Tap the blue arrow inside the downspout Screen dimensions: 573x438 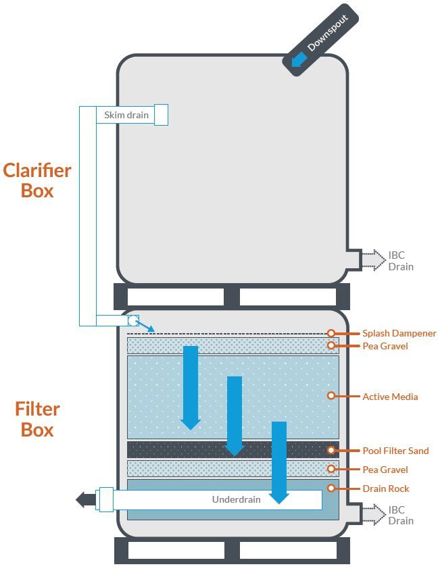click(x=298, y=61)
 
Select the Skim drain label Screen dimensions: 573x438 click(x=126, y=115)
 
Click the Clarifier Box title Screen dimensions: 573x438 click(x=37, y=180)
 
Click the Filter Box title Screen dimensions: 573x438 click(x=37, y=419)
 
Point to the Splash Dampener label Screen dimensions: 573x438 click(x=399, y=333)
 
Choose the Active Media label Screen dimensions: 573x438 click(x=390, y=397)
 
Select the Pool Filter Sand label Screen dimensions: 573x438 click(x=395, y=451)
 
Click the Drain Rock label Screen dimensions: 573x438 click(x=385, y=489)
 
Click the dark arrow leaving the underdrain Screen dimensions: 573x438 click(x=85, y=500)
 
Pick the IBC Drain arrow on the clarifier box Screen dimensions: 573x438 click(x=372, y=260)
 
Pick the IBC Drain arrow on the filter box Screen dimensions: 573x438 click(x=372, y=514)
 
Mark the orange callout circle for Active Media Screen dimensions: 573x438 click(x=331, y=396)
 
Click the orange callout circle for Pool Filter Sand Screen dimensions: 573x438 click(x=331, y=450)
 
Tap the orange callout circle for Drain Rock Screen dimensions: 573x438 click(x=331, y=488)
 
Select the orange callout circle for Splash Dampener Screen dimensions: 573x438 click(x=331, y=333)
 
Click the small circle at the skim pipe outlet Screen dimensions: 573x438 click(x=133, y=321)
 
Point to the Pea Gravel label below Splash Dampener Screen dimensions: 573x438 click(x=385, y=346)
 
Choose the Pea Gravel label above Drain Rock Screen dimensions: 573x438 click(x=385, y=470)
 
